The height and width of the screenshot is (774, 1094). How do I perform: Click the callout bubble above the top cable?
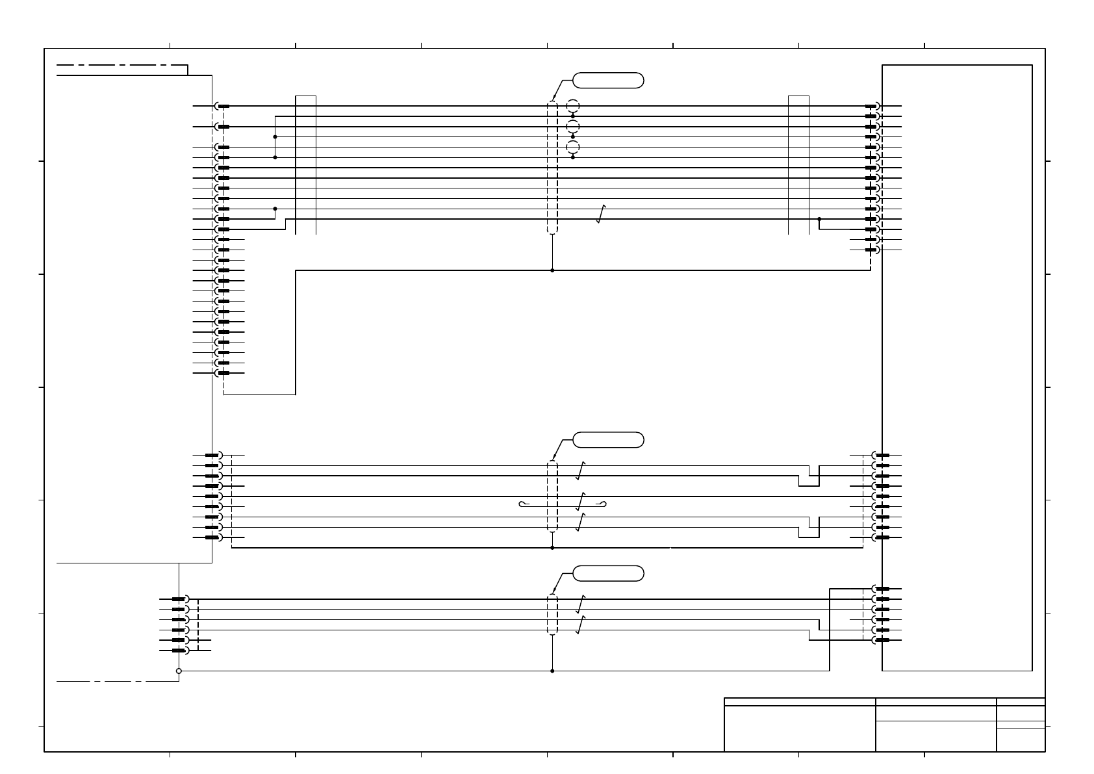click(x=608, y=81)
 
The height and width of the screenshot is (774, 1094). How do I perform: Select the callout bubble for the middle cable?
click(x=608, y=440)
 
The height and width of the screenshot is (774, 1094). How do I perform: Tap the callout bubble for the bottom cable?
click(x=608, y=573)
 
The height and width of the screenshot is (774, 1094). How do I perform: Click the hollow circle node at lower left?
click(x=179, y=671)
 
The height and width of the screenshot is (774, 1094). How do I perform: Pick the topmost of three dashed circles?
click(x=572, y=106)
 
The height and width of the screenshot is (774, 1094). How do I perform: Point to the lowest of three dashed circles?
click(x=572, y=147)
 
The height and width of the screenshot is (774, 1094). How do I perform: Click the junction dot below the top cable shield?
click(x=552, y=270)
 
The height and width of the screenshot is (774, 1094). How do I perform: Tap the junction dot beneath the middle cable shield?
click(x=552, y=548)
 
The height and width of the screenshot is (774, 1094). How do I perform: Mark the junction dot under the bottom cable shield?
click(x=552, y=671)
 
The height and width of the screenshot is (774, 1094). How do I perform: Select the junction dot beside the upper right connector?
click(x=819, y=219)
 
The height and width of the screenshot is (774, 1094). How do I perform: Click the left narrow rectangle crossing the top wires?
click(x=305, y=164)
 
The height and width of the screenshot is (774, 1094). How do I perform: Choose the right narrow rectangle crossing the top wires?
click(x=798, y=164)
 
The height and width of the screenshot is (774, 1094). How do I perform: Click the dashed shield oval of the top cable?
click(x=552, y=167)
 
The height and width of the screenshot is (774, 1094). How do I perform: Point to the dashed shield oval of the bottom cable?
click(x=552, y=614)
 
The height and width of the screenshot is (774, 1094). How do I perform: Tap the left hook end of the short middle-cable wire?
click(x=522, y=504)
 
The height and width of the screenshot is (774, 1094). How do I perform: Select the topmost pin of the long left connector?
click(x=222, y=106)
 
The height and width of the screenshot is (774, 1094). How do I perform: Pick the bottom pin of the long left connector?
click(x=222, y=373)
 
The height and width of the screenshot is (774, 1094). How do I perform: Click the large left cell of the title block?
click(x=799, y=729)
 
